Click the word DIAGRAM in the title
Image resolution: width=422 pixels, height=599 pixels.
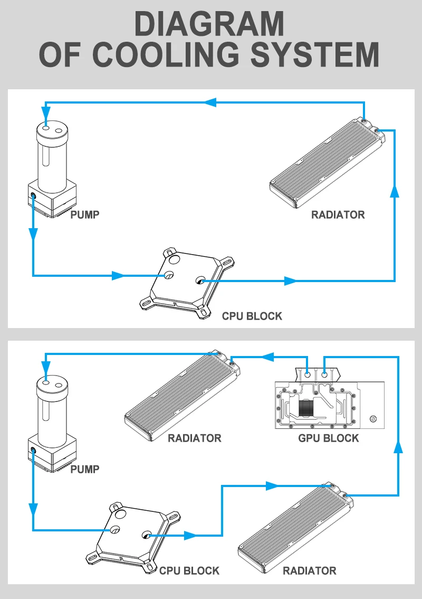click(209, 24)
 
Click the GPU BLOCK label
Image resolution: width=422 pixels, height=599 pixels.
click(328, 438)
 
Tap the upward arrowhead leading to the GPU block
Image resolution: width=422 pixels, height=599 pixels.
click(399, 447)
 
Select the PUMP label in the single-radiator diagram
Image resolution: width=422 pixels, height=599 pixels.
click(85, 214)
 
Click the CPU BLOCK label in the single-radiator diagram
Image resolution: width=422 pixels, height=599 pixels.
click(252, 316)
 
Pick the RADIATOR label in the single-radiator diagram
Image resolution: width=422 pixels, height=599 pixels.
click(338, 214)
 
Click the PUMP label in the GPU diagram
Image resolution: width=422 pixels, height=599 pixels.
click(85, 469)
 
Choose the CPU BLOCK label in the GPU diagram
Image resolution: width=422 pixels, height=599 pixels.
click(189, 570)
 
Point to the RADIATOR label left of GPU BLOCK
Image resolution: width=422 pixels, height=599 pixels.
click(194, 438)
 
